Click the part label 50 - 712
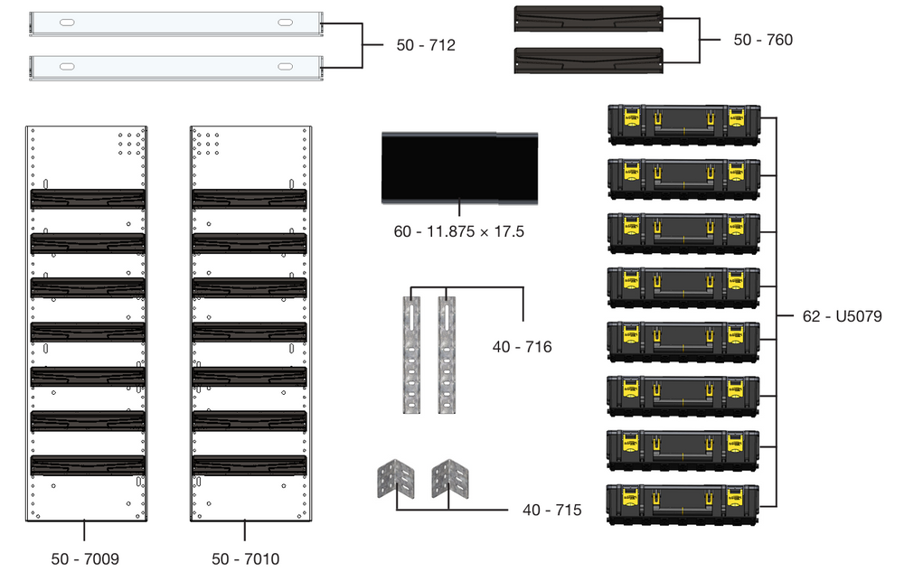pos(425,45)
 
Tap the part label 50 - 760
pos(763,40)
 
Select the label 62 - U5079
pos(841,317)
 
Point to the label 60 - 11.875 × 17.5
pos(459,231)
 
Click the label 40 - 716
pos(522,346)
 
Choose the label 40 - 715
pos(551,511)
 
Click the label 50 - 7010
pos(246,559)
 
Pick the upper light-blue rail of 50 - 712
pos(176,23)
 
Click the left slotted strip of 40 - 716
pos(411,354)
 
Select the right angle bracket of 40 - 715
pos(450,478)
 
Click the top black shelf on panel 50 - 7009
pos(88,198)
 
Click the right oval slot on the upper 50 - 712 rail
pos(285,22)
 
